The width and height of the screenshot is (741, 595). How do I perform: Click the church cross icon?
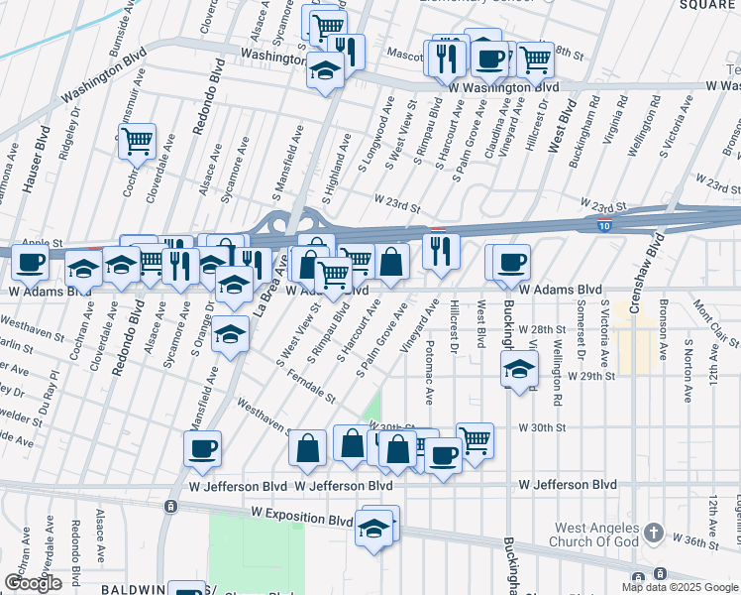653,534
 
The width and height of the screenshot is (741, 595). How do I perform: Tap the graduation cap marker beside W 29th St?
520,370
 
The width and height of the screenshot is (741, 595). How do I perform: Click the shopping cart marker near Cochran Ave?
137,141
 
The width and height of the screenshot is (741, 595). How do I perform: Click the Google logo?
33,583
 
